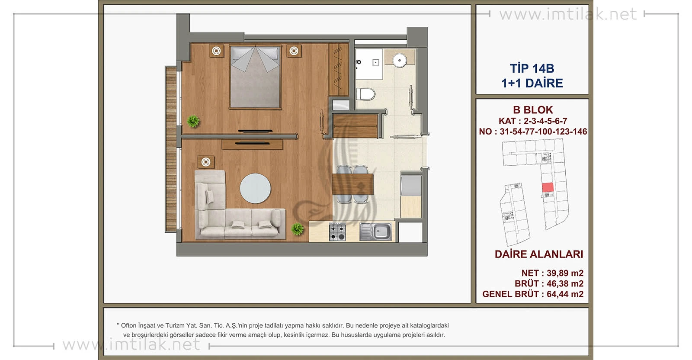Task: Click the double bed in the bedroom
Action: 255,77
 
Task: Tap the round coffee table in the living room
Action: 255,188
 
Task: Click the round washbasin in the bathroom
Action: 400,60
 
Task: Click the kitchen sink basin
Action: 382,231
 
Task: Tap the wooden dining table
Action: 352,184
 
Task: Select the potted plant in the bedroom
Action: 193,121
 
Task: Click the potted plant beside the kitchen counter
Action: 297,229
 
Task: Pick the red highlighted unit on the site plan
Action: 548,187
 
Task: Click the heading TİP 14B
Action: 532,68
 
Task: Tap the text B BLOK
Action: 533,110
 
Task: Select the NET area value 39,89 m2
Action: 565,273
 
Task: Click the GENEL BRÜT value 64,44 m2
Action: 565,294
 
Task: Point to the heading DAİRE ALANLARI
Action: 539,254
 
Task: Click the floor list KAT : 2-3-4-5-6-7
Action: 533,121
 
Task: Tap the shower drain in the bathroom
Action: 376,62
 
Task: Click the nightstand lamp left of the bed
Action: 216,51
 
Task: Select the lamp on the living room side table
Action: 206,162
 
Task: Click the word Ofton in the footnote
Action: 128,325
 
